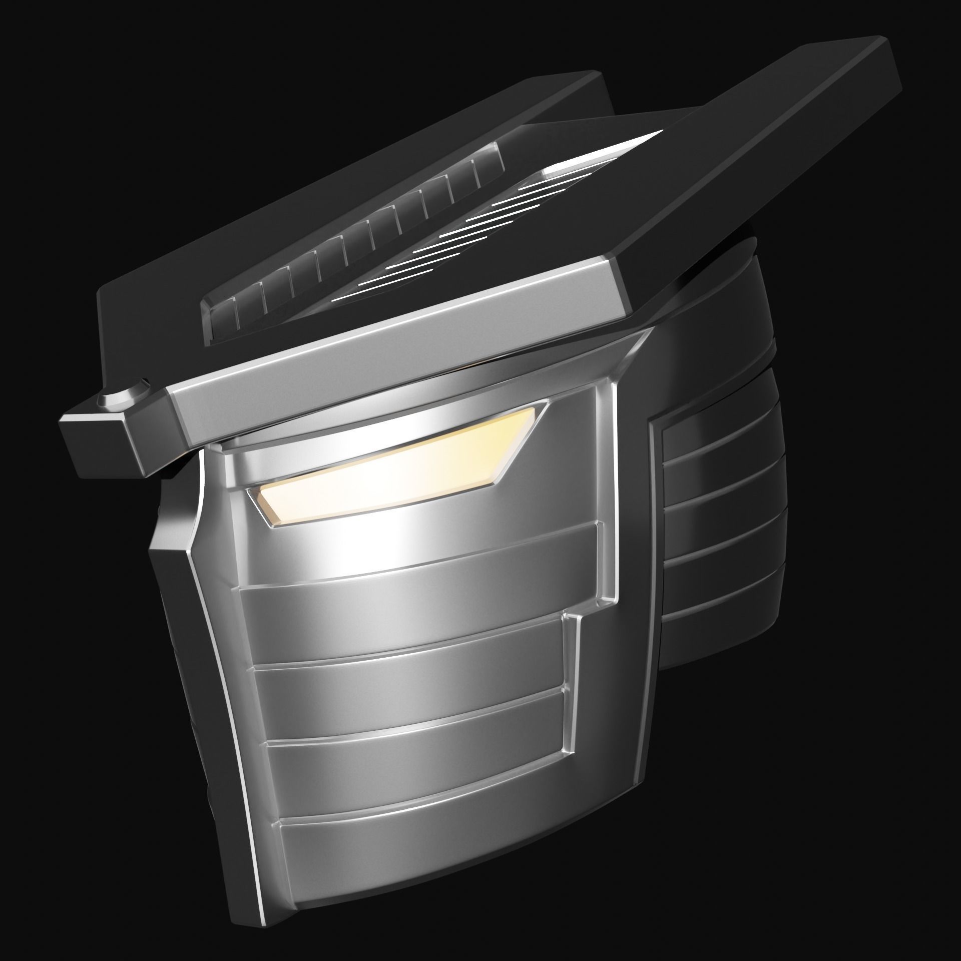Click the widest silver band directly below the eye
click(420, 566)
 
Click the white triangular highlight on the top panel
click(631, 145)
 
